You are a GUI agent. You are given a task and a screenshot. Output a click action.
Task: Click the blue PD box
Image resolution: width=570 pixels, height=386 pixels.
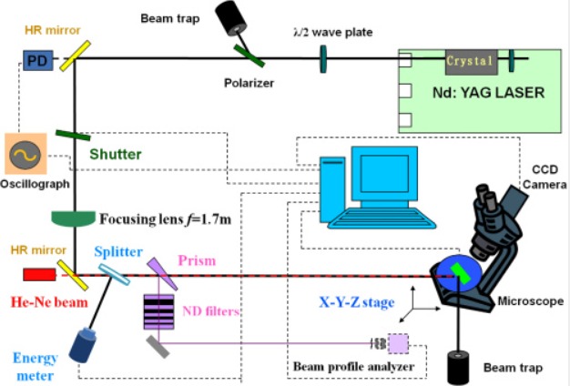pos(35,60)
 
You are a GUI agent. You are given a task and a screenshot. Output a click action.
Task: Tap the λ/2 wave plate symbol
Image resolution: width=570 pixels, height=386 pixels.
pos(323,61)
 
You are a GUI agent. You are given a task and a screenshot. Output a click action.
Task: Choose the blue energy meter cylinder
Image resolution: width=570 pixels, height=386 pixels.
pos(87,345)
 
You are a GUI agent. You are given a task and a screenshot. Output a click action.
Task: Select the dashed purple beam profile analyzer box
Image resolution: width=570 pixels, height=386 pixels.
pos(398,344)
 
